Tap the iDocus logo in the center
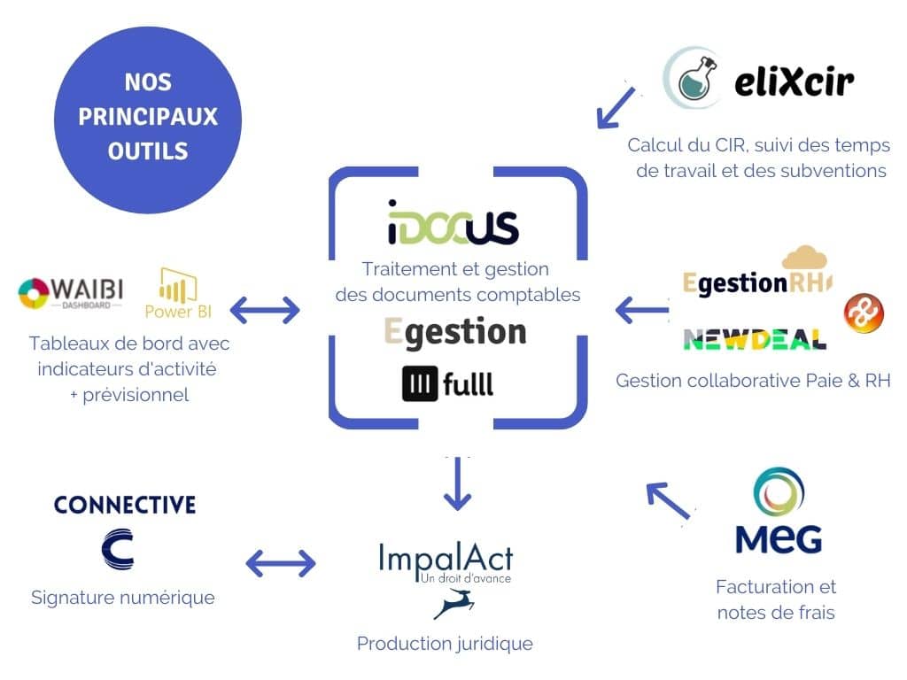pos(453,222)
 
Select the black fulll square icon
pos(420,383)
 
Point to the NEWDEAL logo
pos(755,338)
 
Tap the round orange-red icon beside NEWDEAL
pos(863,314)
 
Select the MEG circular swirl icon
pos(779,495)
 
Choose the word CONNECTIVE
pos(125,505)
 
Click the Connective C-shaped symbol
pos(118,550)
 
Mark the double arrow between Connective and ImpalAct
pos(280,563)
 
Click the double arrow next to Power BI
pos(264,310)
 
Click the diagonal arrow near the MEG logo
pos(668,500)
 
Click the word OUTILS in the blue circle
pos(148,151)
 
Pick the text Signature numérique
pos(123,598)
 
